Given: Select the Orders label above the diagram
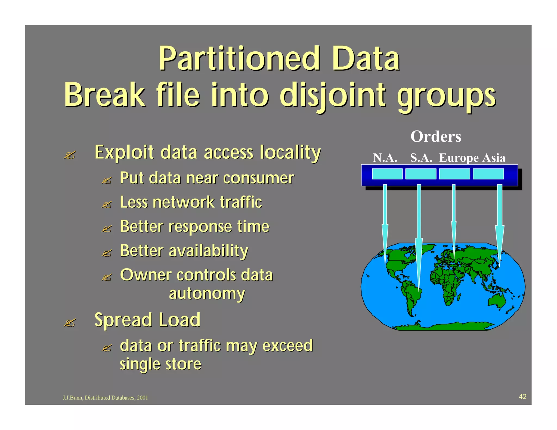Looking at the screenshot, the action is pyautogui.click(x=436, y=136).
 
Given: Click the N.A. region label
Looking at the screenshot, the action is pyautogui.click(x=385, y=158).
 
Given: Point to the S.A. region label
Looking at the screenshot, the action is pyautogui.click(x=421, y=158).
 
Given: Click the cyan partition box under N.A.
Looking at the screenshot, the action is pyautogui.click(x=387, y=174).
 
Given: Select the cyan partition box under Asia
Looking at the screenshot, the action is pyautogui.click(x=488, y=174).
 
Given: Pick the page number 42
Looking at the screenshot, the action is pyautogui.click(x=522, y=397).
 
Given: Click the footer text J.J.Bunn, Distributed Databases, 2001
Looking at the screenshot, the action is pyautogui.click(x=105, y=398).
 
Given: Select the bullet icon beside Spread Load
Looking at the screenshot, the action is pyautogui.click(x=69, y=323).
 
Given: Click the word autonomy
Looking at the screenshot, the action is pyautogui.click(x=207, y=294).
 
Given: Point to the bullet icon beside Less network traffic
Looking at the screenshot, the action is pyautogui.click(x=106, y=205).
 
